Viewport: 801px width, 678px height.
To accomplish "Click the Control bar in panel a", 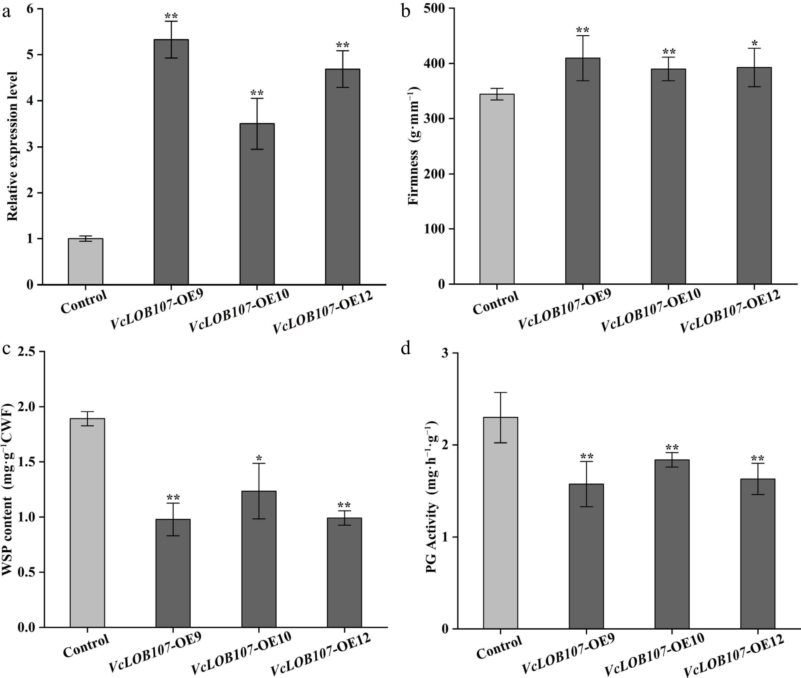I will [85, 261].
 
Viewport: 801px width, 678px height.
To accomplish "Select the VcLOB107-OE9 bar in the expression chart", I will [171, 161].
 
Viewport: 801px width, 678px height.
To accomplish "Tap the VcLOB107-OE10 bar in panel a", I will [257, 204].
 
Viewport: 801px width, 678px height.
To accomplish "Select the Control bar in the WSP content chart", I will [87, 523].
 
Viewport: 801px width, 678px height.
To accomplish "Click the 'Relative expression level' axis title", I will [12, 146].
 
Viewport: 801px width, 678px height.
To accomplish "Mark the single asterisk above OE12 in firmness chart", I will [754, 43].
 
